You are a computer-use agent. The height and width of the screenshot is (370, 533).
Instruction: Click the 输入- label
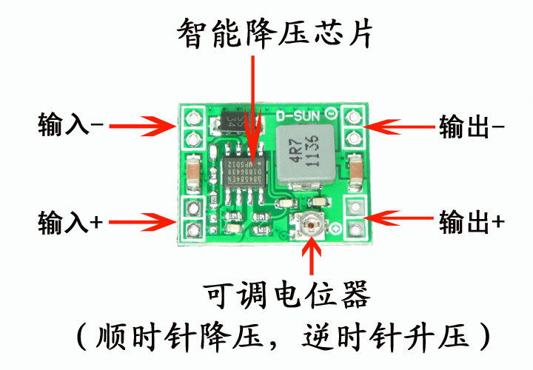click(70, 126)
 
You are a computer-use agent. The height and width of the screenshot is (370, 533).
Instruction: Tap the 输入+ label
click(70, 221)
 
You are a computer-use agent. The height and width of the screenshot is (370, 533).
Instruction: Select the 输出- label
click(472, 127)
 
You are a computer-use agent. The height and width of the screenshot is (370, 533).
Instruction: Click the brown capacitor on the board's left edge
click(192, 172)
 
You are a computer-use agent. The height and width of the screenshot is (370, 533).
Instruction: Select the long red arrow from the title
click(255, 104)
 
